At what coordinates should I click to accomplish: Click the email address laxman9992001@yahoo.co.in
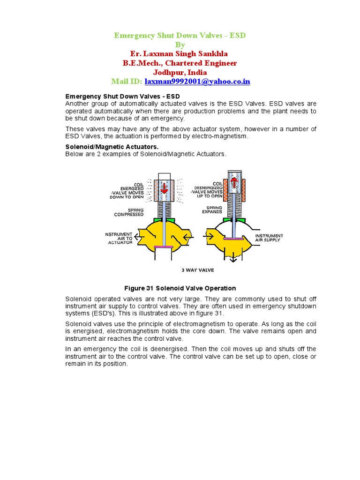pos(197,82)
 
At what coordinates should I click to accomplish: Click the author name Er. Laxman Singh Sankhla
pos(180,53)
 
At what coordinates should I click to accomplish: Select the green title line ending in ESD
pos(180,36)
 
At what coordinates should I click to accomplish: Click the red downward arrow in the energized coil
pos(164,188)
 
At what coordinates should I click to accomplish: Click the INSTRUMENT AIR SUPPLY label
pos(269,238)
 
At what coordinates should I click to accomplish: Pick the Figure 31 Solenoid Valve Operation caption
pos(180,288)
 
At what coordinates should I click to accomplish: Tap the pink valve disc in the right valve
pos(233,239)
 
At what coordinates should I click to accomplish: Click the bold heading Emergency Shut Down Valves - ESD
pos(122,96)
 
